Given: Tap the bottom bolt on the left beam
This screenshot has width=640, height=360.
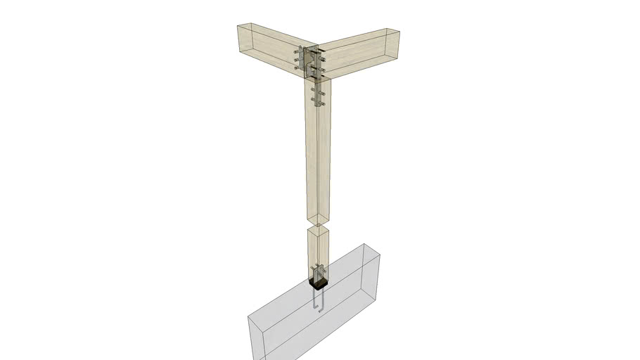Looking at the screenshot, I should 296,69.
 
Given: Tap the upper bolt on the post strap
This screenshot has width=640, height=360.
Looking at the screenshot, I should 314,82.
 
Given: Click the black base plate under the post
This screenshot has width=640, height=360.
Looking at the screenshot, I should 318,284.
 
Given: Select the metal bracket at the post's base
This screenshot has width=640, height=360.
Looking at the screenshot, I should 319,272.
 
